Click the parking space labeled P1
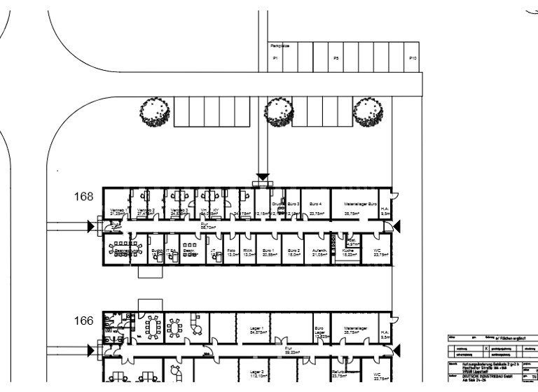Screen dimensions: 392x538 [x=275, y=58]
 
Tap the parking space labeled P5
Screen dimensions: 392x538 [x=337, y=58]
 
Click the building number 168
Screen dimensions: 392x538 [x=85, y=197]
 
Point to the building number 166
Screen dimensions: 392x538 [x=85, y=321]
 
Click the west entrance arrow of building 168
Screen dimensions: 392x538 [x=91, y=225]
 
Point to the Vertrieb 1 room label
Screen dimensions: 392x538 [x=117, y=211]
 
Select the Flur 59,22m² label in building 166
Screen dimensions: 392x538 [x=287, y=349]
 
